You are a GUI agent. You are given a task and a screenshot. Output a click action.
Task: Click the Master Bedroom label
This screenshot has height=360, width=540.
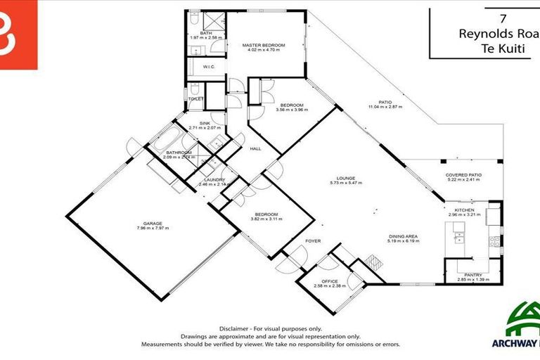click(264, 46)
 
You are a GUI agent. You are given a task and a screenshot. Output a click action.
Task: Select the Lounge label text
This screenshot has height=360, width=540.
click(345, 178)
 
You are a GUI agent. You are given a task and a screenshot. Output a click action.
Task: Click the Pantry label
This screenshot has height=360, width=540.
click(472, 275)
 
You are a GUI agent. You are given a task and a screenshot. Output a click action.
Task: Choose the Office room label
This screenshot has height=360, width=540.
click(328, 281)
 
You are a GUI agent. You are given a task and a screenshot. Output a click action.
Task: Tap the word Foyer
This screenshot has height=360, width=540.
click(312, 241)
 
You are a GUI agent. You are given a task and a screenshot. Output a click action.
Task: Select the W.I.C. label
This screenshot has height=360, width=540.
click(208, 67)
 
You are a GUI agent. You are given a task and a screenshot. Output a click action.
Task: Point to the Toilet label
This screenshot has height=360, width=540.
click(195, 99)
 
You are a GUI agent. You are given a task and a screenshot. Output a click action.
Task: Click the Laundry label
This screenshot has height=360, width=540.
click(214, 180)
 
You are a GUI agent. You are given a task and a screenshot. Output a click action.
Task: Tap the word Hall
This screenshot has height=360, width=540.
click(256, 148)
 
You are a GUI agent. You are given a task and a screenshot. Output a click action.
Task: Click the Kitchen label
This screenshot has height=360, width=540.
click(464, 210)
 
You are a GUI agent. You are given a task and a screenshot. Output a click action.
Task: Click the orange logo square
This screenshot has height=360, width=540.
click(18, 34)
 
